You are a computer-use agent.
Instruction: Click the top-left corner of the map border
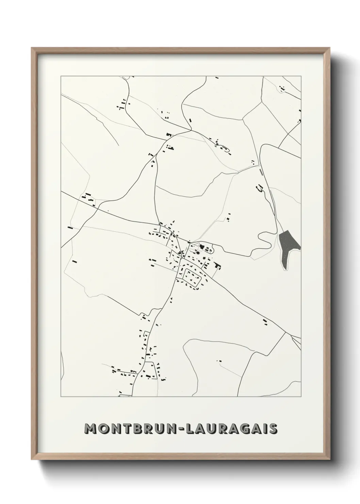tap(61, 76)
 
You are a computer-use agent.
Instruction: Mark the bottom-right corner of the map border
tap(301, 397)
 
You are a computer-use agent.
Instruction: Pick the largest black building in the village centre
tap(201, 247)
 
